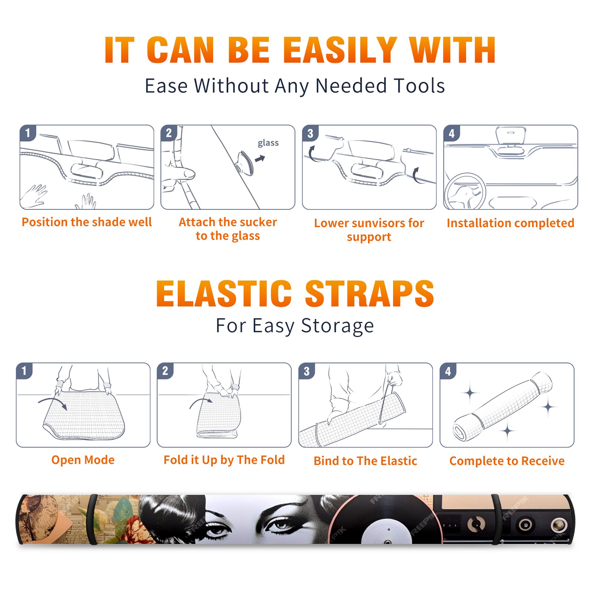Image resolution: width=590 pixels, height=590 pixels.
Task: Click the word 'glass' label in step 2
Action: click(x=268, y=143)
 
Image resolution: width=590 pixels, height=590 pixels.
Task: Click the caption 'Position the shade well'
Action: click(x=87, y=222)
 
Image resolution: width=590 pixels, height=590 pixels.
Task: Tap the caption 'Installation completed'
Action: click(x=510, y=223)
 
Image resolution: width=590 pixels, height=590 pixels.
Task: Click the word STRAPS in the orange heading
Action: click(x=369, y=294)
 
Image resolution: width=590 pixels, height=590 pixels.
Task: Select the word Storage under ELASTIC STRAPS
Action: click(x=337, y=326)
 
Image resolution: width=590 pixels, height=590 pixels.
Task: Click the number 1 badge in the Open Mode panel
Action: click(x=24, y=371)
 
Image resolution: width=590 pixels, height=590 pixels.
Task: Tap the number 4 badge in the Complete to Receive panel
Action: click(x=448, y=371)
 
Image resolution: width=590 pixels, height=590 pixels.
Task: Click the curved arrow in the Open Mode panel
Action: click(x=53, y=403)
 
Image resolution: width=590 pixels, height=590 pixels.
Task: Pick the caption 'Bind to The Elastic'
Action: click(x=365, y=461)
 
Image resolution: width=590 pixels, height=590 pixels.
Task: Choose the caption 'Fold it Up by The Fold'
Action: click(x=224, y=460)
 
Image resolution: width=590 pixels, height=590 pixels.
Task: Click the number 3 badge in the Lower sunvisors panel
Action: click(x=310, y=133)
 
